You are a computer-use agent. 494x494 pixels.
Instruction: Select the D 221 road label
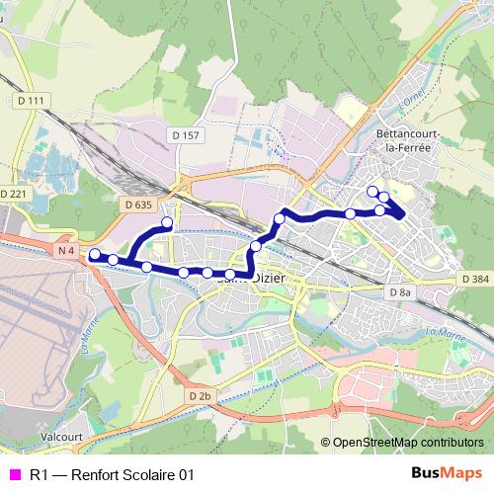[x=14, y=194]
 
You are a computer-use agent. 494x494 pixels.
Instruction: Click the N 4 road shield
[x=66, y=251]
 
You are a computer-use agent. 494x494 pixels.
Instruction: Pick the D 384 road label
[x=474, y=280]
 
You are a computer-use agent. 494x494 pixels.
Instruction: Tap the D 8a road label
[x=399, y=293]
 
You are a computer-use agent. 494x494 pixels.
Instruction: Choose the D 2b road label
[x=200, y=396]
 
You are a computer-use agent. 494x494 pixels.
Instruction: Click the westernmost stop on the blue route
[x=94, y=255]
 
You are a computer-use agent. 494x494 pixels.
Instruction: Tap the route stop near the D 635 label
[x=167, y=223]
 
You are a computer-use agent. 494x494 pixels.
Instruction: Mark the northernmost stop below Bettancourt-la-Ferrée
[x=372, y=191]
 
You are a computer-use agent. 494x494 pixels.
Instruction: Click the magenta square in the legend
[x=14, y=475]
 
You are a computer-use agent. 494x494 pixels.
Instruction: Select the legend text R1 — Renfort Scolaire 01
[x=112, y=475]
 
